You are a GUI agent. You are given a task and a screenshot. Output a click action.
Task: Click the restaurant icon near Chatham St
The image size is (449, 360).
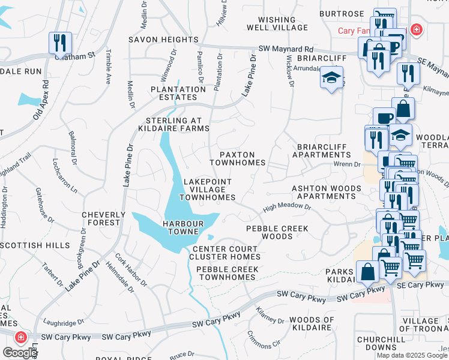[x=60, y=43]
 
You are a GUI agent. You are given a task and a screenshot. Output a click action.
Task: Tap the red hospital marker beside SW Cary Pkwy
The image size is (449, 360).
[x=20, y=338]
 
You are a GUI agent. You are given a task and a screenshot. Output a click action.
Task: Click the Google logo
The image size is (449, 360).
[x=20, y=353]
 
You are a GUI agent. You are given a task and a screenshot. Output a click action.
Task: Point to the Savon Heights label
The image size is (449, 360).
[x=163, y=40]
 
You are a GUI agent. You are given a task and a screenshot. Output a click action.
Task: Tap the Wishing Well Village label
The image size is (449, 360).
[x=277, y=22]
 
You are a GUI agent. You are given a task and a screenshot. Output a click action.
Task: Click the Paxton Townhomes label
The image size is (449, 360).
[x=238, y=158]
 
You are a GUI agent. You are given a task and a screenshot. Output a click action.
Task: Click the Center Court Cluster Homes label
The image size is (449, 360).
[x=224, y=253]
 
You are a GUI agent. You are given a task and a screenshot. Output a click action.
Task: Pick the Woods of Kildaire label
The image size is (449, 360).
[x=311, y=324]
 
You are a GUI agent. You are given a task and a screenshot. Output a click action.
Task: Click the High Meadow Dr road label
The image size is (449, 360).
[x=286, y=208]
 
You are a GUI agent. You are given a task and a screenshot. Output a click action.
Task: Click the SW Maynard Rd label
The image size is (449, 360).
[x=286, y=49]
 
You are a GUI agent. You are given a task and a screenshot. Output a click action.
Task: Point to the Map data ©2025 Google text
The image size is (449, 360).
[x=412, y=355]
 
